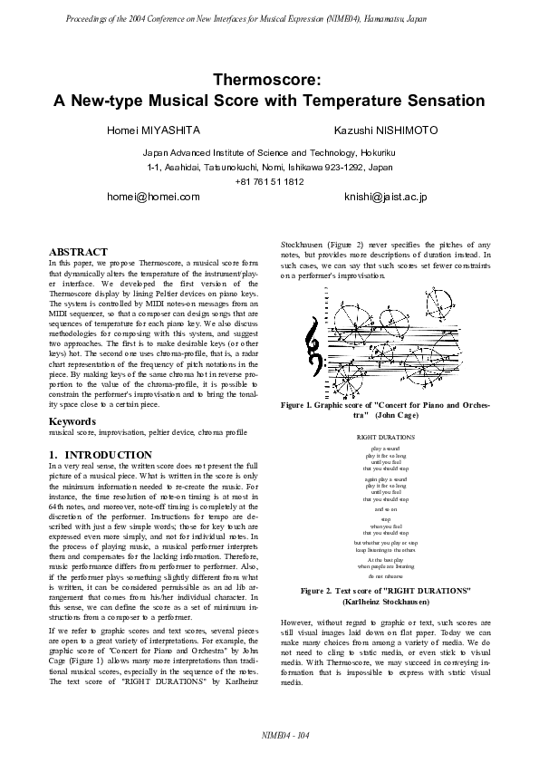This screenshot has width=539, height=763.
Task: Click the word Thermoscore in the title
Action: [x=269, y=80]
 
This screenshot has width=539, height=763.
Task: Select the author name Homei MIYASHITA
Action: [x=153, y=131]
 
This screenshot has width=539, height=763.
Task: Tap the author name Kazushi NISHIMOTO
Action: [x=385, y=131]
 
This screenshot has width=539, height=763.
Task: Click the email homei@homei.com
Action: [x=153, y=196]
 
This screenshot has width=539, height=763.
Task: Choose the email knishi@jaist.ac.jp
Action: [x=385, y=196]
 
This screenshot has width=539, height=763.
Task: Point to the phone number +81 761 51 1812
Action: [x=269, y=182]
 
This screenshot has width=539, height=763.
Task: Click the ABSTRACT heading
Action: [x=78, y=251]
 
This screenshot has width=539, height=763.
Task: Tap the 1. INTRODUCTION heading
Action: [x=101, y=455]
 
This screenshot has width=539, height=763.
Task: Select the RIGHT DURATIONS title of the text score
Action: [x=385, y=438]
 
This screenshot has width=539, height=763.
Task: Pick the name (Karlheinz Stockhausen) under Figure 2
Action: [x=385, y=601]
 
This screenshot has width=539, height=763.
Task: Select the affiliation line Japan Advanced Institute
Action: [x=269, y=153]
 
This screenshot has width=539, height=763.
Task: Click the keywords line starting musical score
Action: [x=147, y=434]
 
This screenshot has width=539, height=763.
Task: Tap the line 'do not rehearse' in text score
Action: [x=385, y=575]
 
